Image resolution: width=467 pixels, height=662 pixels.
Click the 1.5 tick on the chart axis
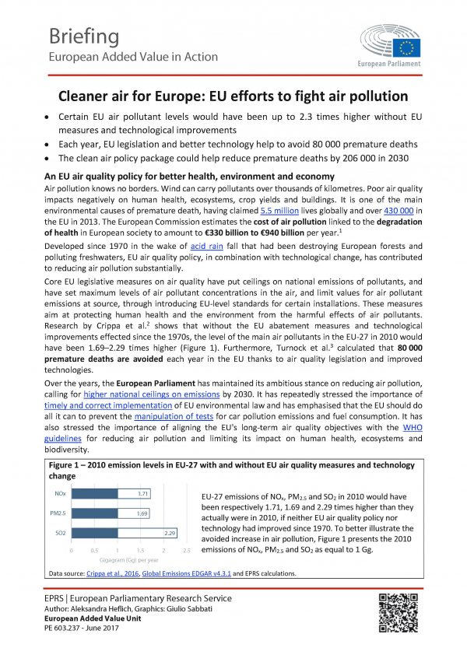140,550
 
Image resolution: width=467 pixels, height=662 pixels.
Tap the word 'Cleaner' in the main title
90,97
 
